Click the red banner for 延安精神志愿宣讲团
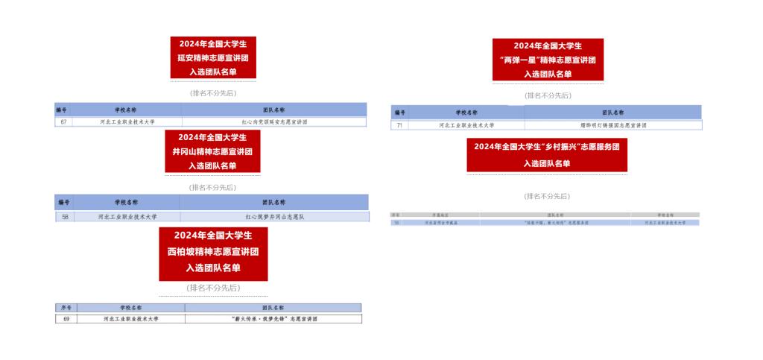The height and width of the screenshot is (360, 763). click(213, 57)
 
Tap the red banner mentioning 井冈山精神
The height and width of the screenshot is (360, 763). click(212, 151)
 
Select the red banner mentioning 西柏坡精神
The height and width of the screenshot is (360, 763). click(213, 254)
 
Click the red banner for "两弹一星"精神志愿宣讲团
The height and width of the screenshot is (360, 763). click(548, 60)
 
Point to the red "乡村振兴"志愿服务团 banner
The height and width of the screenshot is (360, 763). click(547, 155)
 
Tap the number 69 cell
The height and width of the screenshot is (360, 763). click(66, 318)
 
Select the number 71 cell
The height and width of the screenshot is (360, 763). click(399, 125)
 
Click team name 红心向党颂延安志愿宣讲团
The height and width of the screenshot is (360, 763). click(274, 121)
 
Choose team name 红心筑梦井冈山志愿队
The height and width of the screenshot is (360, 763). click(274, 216)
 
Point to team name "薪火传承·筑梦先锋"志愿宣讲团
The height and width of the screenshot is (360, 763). click(273, 318)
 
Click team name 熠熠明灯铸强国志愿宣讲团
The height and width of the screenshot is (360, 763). click(612, 125)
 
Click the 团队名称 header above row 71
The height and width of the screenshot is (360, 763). click(612, 112)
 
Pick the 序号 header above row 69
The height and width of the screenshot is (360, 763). click(66, 308)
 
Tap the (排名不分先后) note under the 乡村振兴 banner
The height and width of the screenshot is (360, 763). click(547, 196)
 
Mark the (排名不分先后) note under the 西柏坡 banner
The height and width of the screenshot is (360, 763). click(213, 288)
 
